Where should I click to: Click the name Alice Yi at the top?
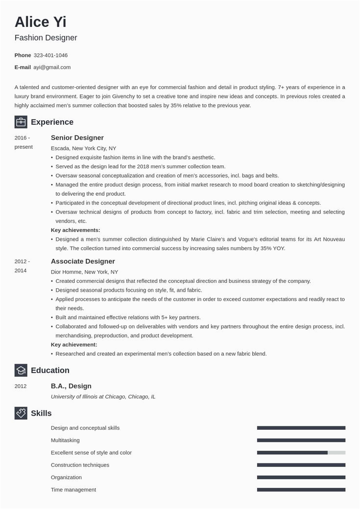coord(40,22)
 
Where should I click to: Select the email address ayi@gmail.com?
coord(52,67)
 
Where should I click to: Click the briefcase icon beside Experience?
coord(21,122)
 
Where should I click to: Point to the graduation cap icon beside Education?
coord(21,370)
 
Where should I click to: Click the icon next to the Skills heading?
coord(21,413)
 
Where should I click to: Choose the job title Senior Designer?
coord(77,138)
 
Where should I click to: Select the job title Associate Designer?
coord(83,261)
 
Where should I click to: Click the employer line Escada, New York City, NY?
coord(83,148)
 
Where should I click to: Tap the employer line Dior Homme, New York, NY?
coord(84,272)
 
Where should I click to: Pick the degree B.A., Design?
coord(71,386)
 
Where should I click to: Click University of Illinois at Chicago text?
coord(103,396)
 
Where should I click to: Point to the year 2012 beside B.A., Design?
coord(21,386)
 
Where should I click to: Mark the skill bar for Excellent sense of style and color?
coord(301,453)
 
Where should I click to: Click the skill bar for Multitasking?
coord(301,440)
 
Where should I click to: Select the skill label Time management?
coord(73,489)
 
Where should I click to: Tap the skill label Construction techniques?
coord(80,465)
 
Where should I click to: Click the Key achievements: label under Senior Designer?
coord(75,230)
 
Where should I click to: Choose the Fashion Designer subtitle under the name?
coord(46,38)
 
